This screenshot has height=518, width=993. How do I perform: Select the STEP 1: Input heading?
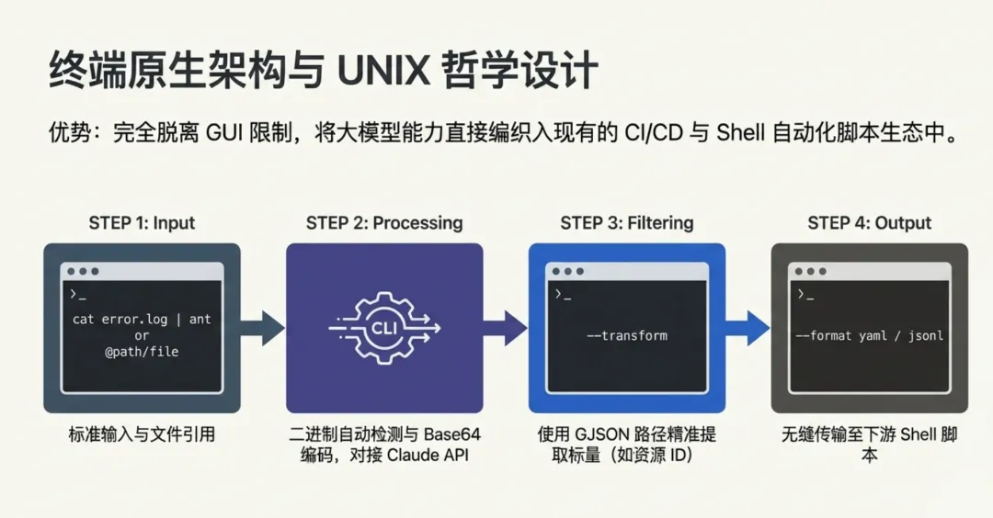tap(142, 223)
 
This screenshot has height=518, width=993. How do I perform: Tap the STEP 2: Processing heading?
tap(384, 223)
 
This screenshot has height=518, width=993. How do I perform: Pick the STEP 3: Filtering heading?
tap(627, 223)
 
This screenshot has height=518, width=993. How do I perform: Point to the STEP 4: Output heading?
tap(870, 223)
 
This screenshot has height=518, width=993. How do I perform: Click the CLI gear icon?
tap(384, 327)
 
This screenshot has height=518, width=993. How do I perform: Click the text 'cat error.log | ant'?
tap(142, 320)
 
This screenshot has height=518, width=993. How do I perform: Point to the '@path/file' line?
tap(142, 351)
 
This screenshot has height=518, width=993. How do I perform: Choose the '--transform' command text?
tap(627, 335)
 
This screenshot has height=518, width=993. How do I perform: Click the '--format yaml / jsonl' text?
tap(870, 335)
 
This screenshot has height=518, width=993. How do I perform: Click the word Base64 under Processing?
tap(452, 434)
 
